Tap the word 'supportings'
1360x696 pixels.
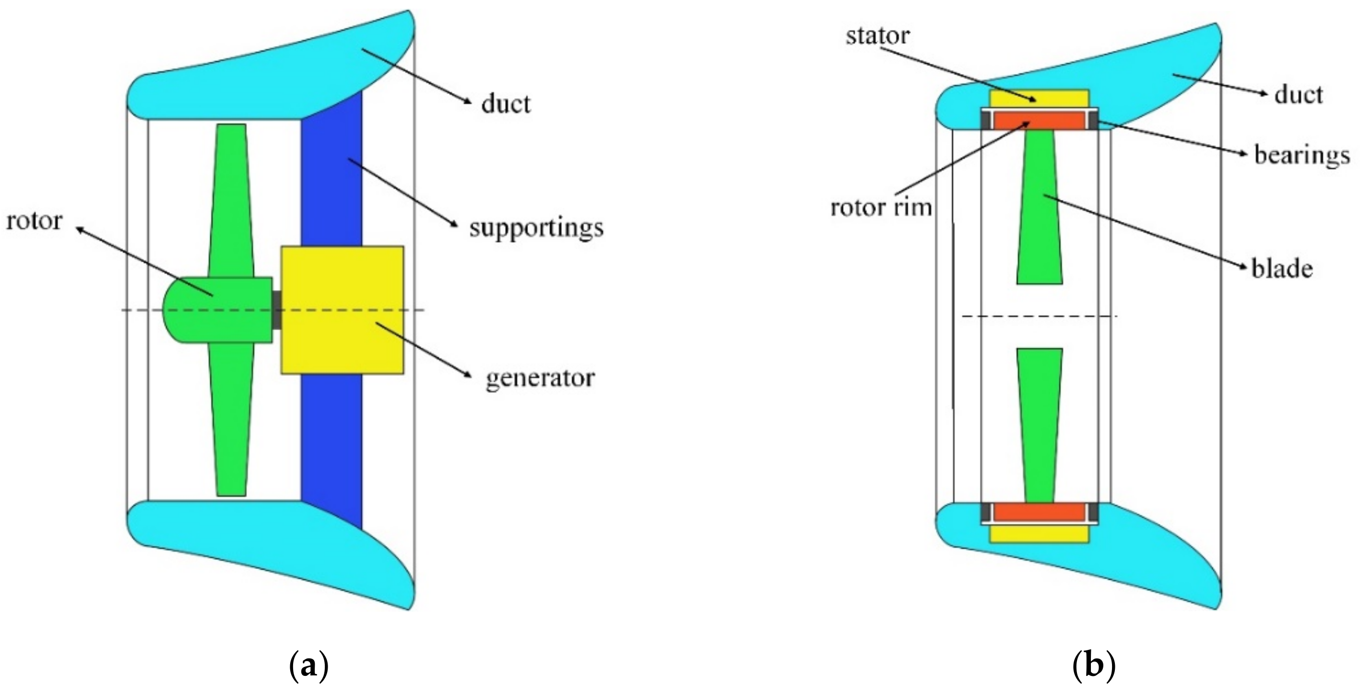coord(536,228)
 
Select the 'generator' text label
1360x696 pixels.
coord(540,378)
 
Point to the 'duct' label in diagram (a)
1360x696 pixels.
coord(505,104)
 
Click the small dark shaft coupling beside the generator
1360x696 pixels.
coord(276,310)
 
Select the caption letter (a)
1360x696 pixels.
coord(309,666)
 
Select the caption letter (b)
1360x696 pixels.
coord(1094,666)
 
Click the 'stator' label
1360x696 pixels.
coord(877,36)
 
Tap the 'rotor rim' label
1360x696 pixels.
coord(881,208)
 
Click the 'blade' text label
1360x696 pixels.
coord(1282,269)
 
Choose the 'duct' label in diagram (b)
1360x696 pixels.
coord(1298,95)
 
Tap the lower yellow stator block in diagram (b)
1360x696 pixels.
coord(1039,534)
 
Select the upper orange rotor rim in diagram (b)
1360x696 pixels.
coord(1039,121)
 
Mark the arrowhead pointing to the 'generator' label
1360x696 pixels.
coord(467,375)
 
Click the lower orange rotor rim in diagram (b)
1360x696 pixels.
coord(1039,512)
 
